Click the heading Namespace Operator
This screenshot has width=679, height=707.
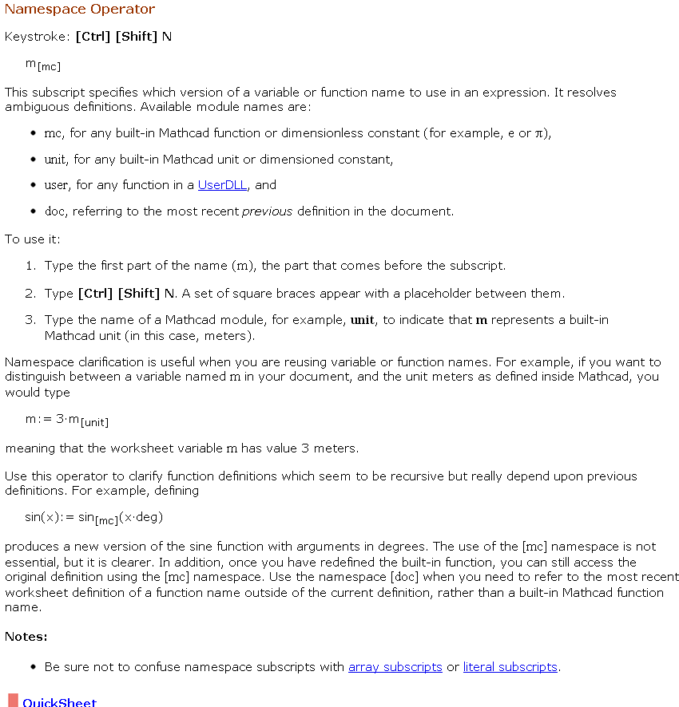(x=80, y=10)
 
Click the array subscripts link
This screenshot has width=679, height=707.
(x=395, y=667)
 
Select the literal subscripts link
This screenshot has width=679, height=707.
(x=510, y=667)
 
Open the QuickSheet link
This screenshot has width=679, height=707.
(x=59, y=702)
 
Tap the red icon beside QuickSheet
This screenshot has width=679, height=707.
(x=13, y=701)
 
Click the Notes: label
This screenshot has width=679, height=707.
(x=26, y=637)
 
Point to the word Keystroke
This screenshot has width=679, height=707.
(x=37, y=37)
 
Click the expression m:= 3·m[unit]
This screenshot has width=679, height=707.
(x=67, y=421)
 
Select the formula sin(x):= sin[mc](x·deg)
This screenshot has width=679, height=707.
(x=94, y=517)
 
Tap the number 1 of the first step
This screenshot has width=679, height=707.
(x=30, y=266)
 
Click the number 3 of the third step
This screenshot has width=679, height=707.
(x=30, y=320)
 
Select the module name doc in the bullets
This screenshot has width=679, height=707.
(x=54, y=211)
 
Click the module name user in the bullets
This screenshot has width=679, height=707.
(x=56, y=185)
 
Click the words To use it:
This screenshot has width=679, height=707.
(x=33, y=239)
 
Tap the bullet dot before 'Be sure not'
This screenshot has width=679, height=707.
(x=33, y=667)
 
